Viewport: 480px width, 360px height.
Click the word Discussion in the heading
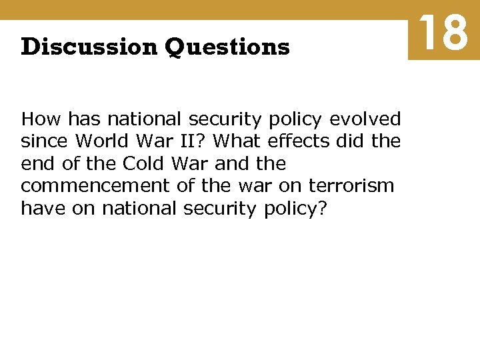click(x=89, y=47)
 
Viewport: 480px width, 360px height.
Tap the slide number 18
click(x=444, y=33)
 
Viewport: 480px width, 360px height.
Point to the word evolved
click(x=365, y=119)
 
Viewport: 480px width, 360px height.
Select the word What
click(x=235, y=141)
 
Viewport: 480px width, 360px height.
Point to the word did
click(x=351, y=141)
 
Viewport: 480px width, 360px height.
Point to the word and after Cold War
click(x=231, y=163)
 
